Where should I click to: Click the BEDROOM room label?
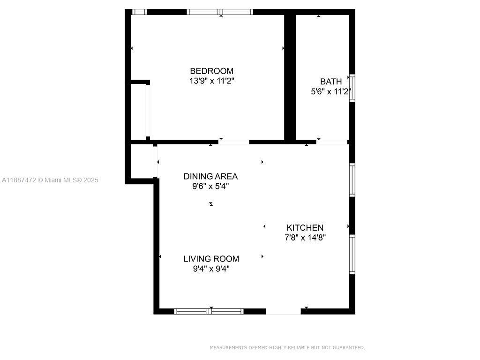pos(211,71)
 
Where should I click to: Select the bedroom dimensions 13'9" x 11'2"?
pos(211,81)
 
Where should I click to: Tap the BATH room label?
pos(331,82)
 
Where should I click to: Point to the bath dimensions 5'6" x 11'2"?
pos(331,92)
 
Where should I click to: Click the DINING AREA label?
pos(210,176)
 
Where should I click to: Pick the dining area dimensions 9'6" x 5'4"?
pos(210,186)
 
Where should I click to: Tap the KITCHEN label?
pos(305,228)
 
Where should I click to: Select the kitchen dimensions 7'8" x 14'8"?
pos(305,238)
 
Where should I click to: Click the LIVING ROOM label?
pos(211,259)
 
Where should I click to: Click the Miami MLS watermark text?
pos(50,180)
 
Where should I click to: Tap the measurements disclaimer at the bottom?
pos(287,348)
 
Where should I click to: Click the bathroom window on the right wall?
pos(352,88)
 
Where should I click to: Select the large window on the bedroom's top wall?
pos(220,12)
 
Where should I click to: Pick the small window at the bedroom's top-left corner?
pos(139,12)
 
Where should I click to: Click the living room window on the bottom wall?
pos(209,311)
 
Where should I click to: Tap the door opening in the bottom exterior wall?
pos(283,311)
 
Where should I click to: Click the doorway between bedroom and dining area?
pos(233,142)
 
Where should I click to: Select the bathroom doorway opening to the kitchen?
pos(331,142)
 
